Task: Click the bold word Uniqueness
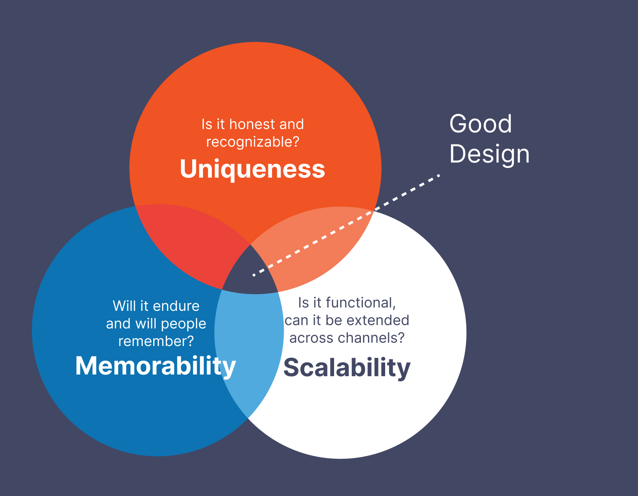[x=252, y=169]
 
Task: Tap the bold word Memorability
[x=155, y=366]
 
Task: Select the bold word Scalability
[x=347, y=367]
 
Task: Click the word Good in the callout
[x=481, y=124]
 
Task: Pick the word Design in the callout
[x=489, y=154]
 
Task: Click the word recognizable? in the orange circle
[x=252, y=142]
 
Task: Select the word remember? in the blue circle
[x=156, y=341]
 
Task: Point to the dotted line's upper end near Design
[x=438, y=176]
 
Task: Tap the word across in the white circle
[x=307, y=338]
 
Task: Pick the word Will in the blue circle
[x=124, y=306]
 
